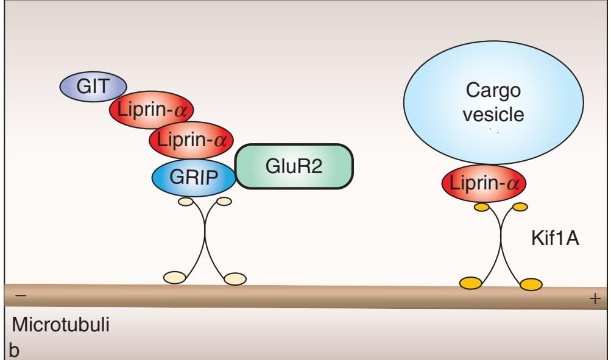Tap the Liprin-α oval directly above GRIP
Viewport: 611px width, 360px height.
click(x=191, y=139)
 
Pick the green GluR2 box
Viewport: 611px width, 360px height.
click(x=294, y=166)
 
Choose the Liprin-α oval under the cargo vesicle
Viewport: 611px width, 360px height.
click(x=484, y=182)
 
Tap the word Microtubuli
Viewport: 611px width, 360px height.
click(x=61, y=325)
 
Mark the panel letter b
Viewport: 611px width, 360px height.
click(x=15, y=350)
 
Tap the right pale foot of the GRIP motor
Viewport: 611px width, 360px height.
click(x=235, y=279)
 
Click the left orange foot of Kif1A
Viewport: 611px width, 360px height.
click(x=470, y=282)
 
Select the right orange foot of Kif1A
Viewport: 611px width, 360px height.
click(x=531, y=283)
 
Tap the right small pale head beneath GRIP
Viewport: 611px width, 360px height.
click(x=224, y=200)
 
